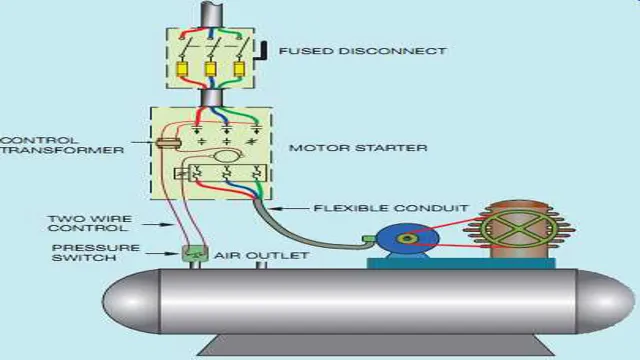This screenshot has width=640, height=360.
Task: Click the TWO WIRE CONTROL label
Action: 86,223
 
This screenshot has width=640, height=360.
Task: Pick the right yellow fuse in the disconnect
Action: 239,71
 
